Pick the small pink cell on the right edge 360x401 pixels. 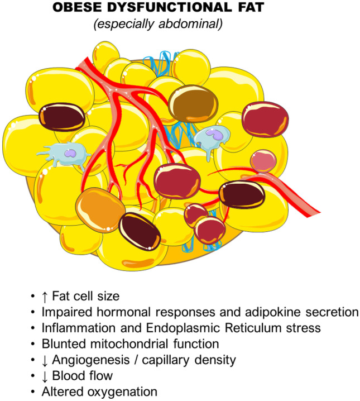pyautogui.click(x=263, y=161)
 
